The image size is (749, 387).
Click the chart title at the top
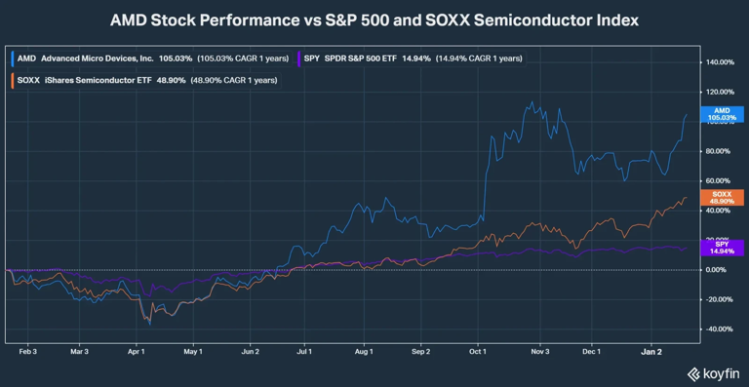pyautogui.click(x=374, y=19)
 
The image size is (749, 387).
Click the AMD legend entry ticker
pyautogui.click(x=27, y=58)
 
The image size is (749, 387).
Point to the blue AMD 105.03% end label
pyautogui.click(x=723, y=114)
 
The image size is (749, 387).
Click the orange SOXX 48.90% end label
pyautogui.click(x=723, y=198)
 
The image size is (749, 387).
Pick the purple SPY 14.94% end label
pyautogui.click(x=723, y=248)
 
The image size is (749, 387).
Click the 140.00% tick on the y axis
pyautogui.click(x=721, y=62)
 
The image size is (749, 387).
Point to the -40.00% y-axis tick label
pyautogui.click(x=721, y=329)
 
